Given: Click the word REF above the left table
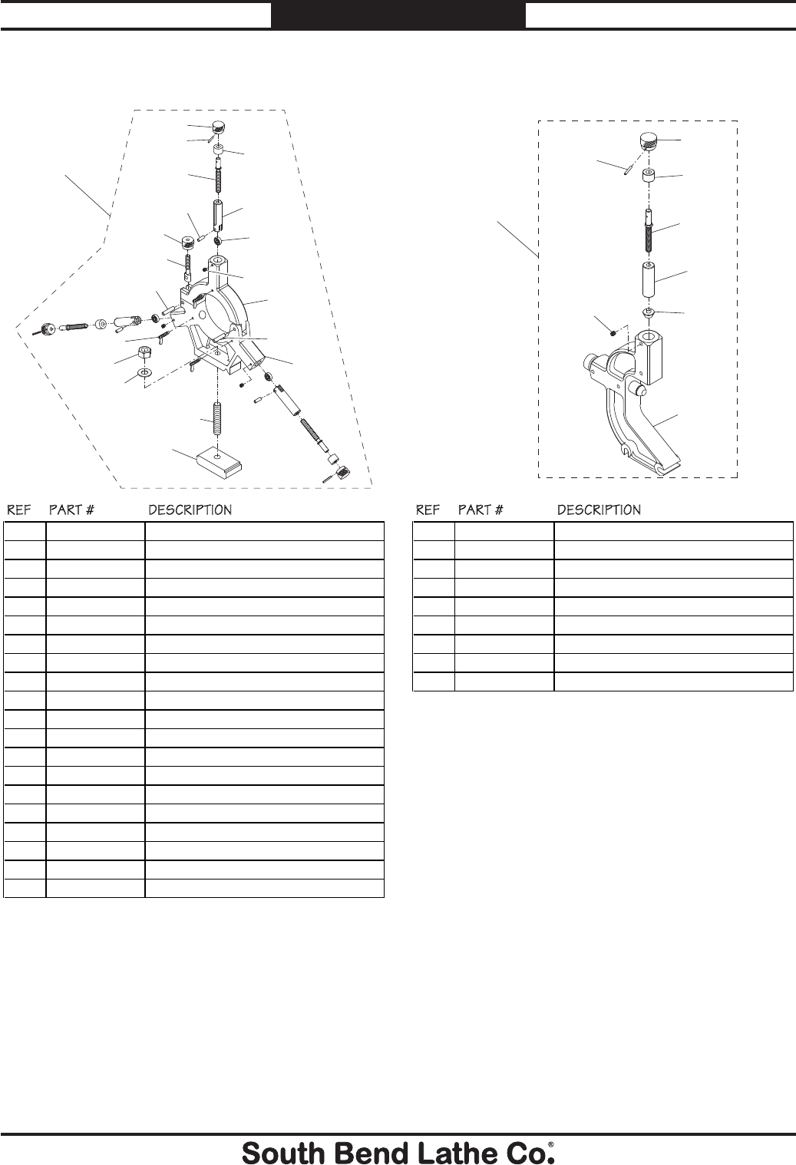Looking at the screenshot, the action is tap(19, 510).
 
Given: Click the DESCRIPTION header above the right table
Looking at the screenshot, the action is tap(599, 510).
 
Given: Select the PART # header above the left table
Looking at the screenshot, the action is tap(71, 510).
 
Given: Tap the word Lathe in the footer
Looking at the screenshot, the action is tap(436, 1152).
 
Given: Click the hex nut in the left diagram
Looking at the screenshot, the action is tap(144, 353).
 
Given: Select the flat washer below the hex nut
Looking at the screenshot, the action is tap(144, 373).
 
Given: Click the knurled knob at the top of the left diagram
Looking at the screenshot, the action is tap(219, 127).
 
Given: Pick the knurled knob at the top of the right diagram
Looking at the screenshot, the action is tap(649, 141).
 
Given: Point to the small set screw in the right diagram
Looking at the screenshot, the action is tap(613, 332).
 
